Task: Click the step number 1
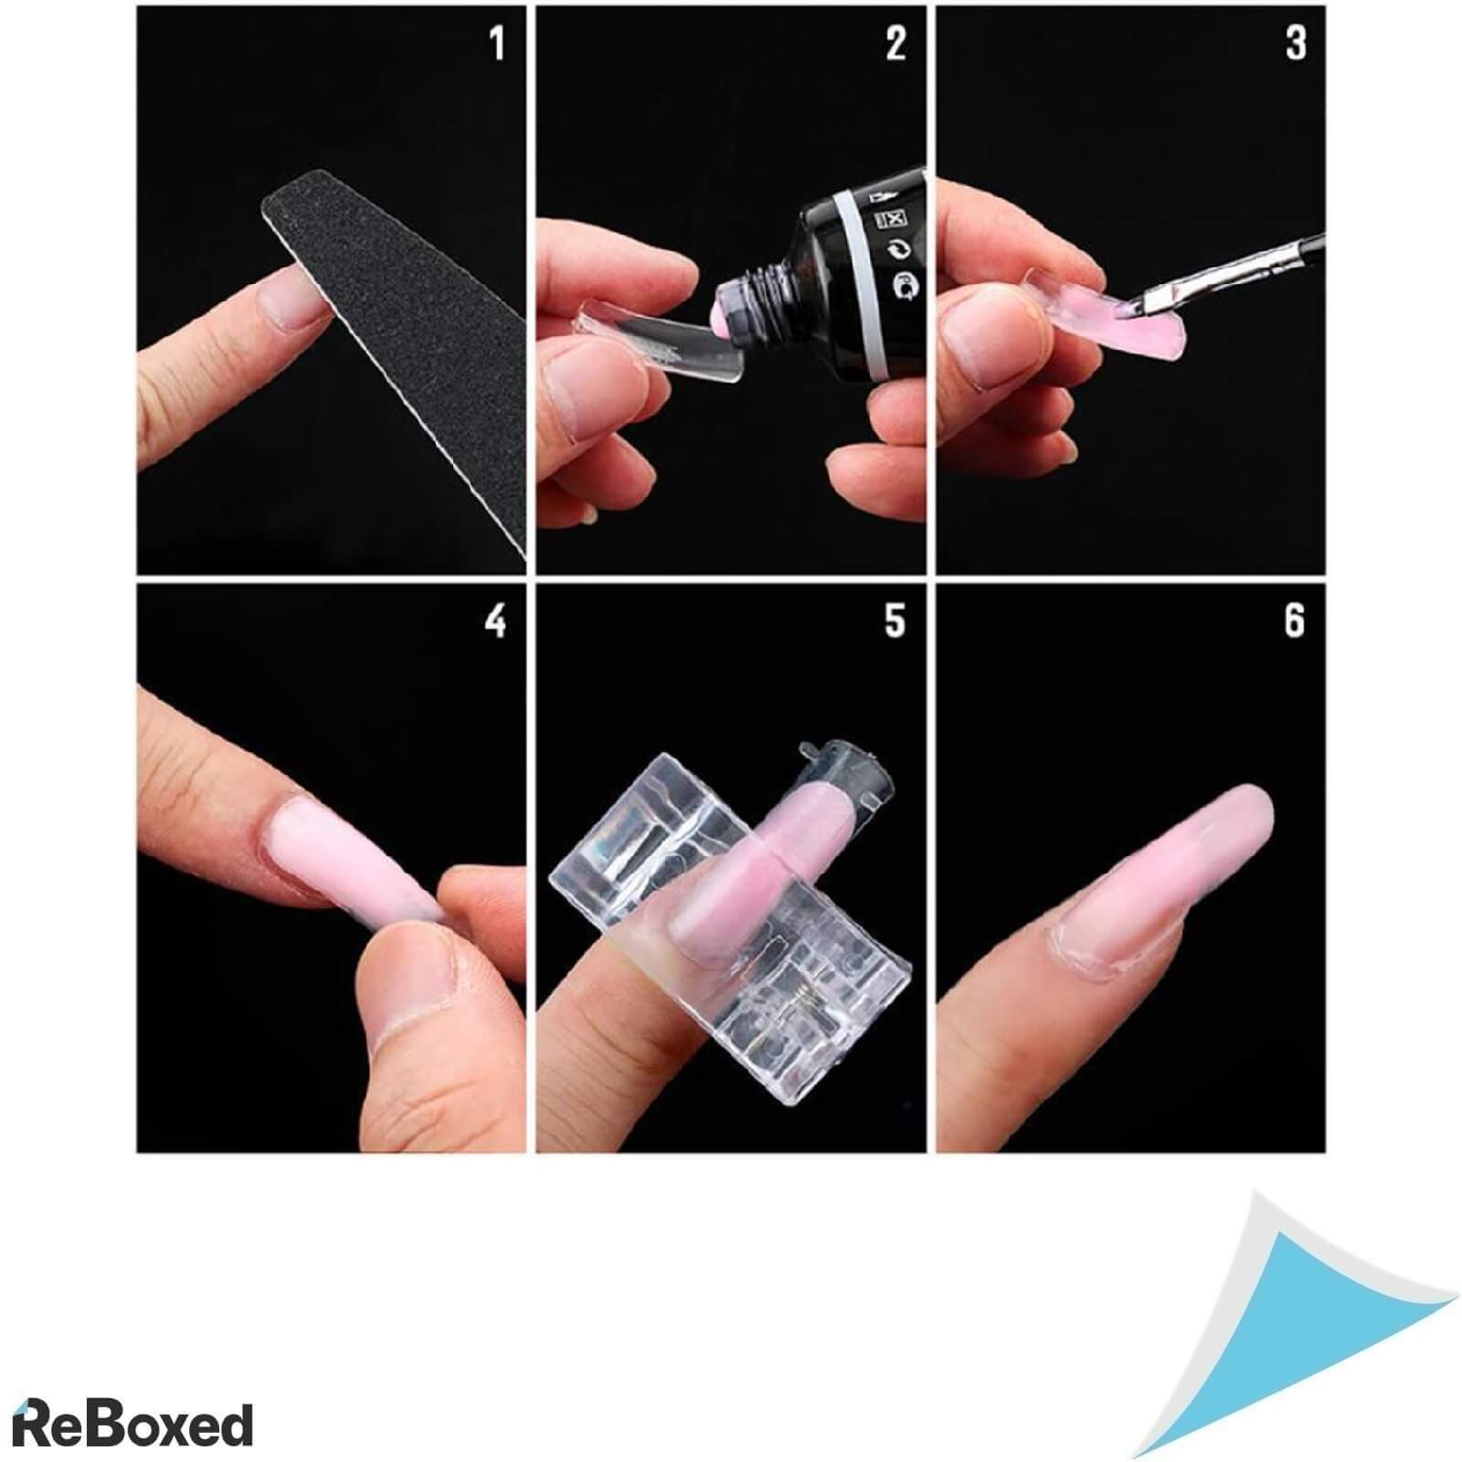(497, 44)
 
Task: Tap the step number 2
(895, 44)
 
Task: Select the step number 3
(1296, 44)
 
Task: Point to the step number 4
(495, 620)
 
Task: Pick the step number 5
(895, 620)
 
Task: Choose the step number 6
(1295, 620)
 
